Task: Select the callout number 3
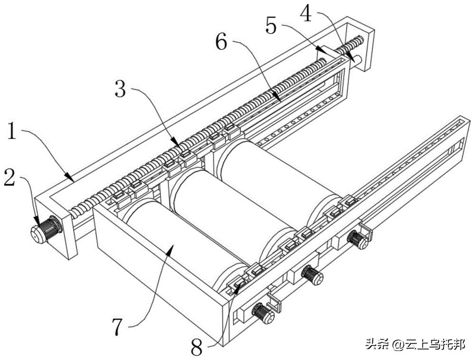[121, 89]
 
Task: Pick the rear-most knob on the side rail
[358, 238]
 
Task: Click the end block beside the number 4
[363, 45]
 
